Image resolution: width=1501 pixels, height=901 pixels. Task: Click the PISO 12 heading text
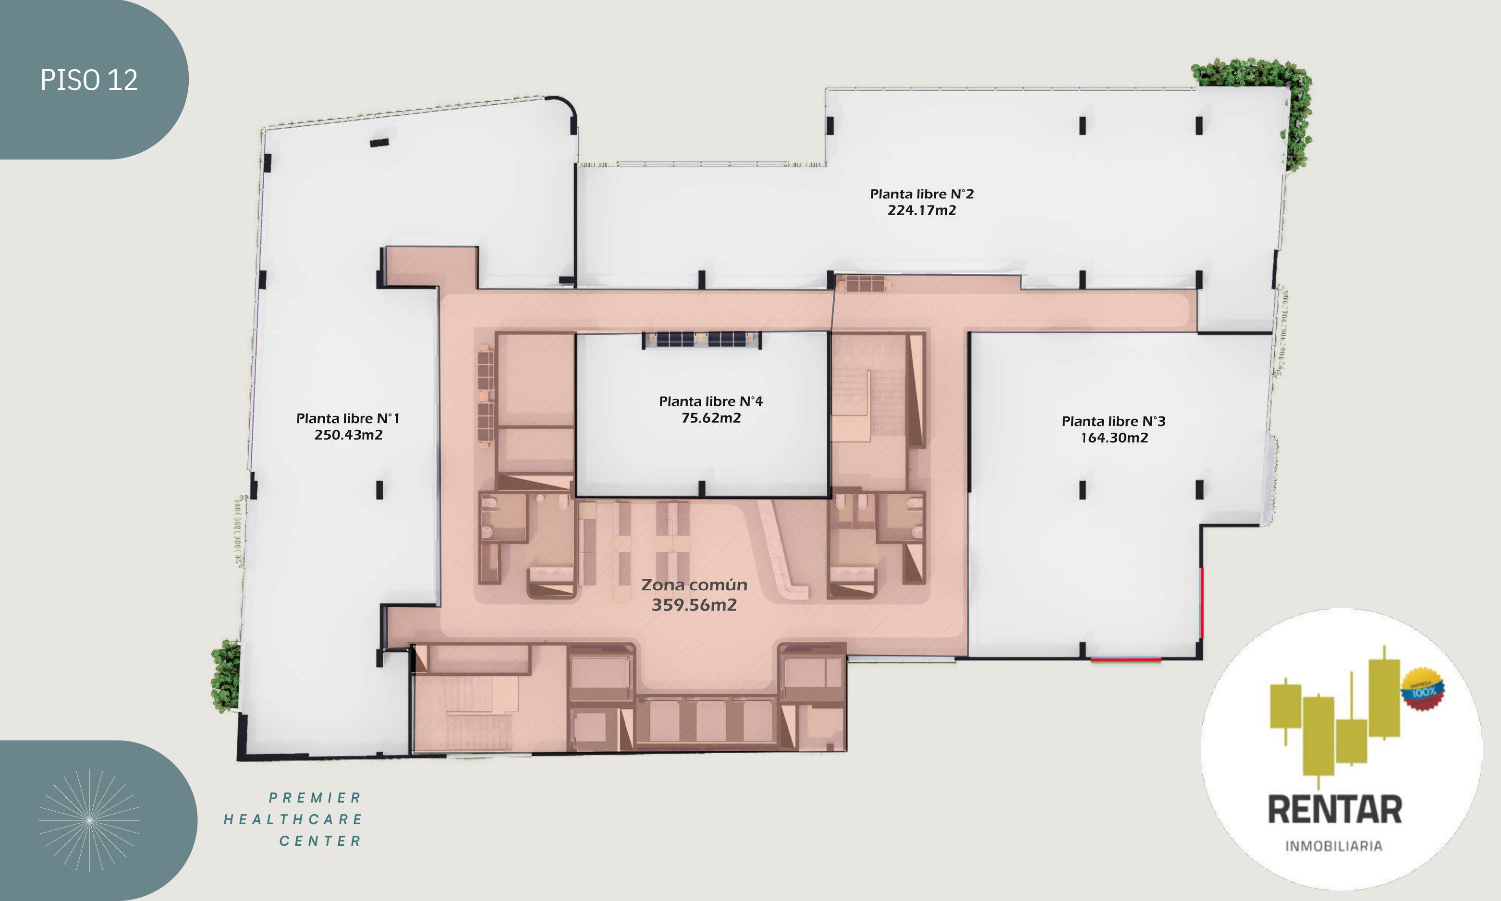tap(89, 80)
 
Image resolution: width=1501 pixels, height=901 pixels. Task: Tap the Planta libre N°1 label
tap(348, 418)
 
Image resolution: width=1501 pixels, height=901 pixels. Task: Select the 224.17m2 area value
tap(922, 210)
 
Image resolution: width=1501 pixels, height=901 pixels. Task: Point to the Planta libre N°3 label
tap(1113, 421)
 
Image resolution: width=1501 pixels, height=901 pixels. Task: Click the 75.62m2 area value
tap(711, 418)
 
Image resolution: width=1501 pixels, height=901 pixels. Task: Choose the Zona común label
tap(694, 584)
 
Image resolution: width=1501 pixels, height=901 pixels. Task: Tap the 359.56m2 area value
tap(694, 605)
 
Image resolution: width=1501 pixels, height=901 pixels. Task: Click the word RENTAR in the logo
tap(1335, 809)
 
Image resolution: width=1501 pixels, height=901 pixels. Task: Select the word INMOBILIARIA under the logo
tap(1333, 846)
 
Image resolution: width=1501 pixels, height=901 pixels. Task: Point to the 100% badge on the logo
tap(1423, 689)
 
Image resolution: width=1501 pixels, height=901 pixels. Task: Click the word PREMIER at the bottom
tap(315, 797)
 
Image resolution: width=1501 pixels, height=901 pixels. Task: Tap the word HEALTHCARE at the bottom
tap(293, 819)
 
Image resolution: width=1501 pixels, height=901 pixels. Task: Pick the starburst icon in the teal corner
tap(89, 820)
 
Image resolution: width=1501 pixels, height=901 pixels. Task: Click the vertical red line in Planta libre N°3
tap(1202, 602)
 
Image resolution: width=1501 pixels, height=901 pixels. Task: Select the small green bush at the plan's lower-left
tap(225, 676)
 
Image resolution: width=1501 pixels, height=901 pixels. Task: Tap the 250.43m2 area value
tap(348, 435)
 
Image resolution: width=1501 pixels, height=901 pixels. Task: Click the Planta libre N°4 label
tap(711, 402)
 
